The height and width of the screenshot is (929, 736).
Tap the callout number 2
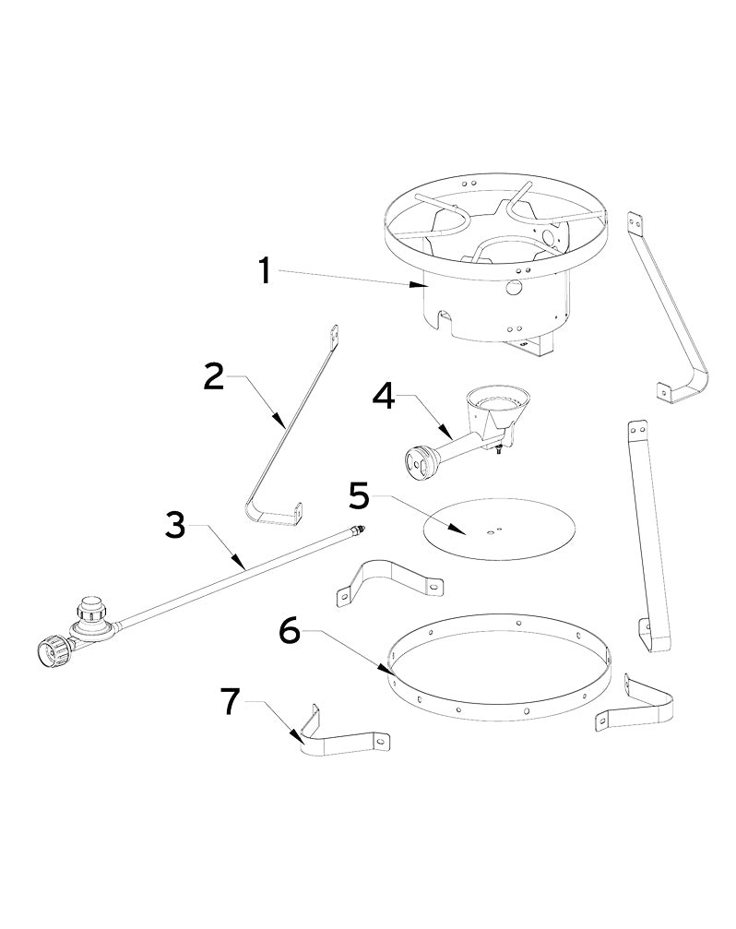click(x=214, y=376)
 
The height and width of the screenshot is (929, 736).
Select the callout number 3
click(x=175, y=526)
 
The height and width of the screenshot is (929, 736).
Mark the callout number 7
click(x=232, y=701)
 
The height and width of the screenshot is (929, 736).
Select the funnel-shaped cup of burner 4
click(x=498, y=405)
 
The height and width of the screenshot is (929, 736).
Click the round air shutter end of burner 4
click(x=421, y=461)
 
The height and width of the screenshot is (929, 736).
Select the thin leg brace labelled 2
click(x=286, y=424)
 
